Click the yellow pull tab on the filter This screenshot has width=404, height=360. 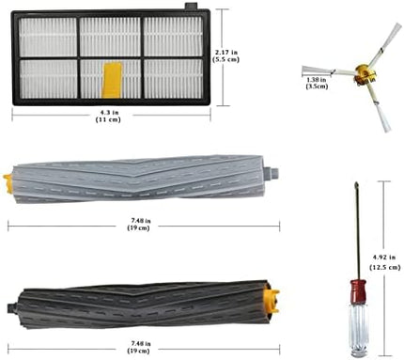click(113, 80)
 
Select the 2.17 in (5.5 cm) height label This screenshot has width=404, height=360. click(225, 55)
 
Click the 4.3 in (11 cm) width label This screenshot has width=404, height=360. click(108, 116)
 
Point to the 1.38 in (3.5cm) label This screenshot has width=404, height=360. click(317, 83)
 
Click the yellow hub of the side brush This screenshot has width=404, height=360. click(365, 74)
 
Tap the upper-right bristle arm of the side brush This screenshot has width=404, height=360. click(386, 43)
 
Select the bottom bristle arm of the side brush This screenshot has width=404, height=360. click(378, 107)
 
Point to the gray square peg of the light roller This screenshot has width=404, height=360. click(272, 173)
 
